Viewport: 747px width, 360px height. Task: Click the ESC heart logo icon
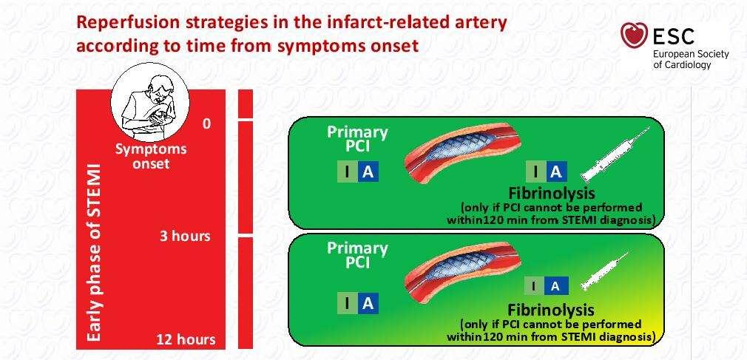tap(634, 35)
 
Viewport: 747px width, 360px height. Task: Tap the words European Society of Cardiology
tap(691, 59)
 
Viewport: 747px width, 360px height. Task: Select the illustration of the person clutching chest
tap(149, 102)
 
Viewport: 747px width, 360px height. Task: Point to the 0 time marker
tap(206, 124)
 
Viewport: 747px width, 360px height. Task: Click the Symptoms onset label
tap(151, 156)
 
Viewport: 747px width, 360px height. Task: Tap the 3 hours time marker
tap(185, 236)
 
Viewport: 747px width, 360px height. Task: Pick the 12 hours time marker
tap(186, 339)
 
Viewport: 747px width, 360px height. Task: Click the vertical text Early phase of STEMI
tap(95, 252)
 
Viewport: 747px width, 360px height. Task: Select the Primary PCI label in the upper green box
tap(357, 139)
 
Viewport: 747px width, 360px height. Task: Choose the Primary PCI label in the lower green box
tap(357, 255)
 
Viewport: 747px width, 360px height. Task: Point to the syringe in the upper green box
tap(616, 154)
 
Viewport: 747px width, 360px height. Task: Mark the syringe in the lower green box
tap(605, 270)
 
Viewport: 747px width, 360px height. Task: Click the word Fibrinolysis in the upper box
tap(551, 194)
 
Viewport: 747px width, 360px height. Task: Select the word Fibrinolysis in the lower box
tap(551, 310)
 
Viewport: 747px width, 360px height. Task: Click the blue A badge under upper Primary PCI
tap(368, 172)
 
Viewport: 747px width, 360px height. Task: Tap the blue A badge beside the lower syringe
tap(555, 286)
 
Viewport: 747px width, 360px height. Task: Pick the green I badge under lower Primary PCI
tap(348, 303)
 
